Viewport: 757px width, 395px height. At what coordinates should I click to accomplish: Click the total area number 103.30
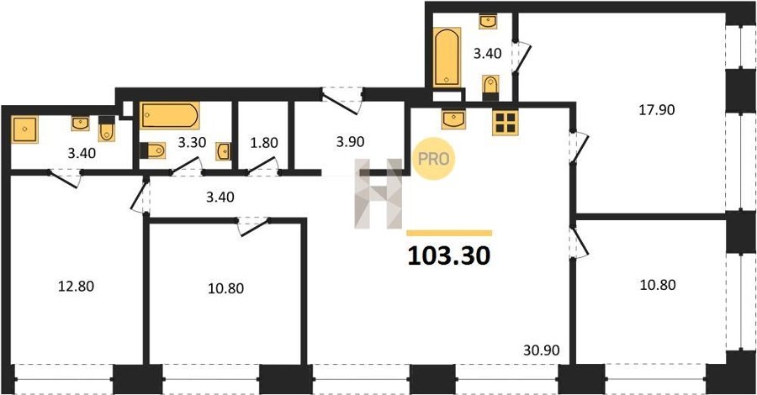click(449, 255)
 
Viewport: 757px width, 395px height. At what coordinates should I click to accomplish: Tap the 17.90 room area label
click(657, 110)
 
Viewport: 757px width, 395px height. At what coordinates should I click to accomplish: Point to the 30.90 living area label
click(541, 350)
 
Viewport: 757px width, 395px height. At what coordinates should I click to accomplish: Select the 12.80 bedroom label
click(76, 287)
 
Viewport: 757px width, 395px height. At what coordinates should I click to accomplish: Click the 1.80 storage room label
click(264, 143)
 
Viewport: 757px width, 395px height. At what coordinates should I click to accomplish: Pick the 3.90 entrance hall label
click(350, 142)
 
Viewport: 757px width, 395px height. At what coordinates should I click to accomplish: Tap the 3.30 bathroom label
click(192, 142)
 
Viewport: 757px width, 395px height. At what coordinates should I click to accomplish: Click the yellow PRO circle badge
click(433, 159)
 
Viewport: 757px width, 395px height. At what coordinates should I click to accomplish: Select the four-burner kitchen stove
click(505, 123)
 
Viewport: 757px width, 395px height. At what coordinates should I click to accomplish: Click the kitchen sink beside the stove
click(453, 119)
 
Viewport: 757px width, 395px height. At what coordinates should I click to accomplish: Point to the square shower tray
click(24, 129)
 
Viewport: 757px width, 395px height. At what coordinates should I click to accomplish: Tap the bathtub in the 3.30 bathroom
click(169, 116)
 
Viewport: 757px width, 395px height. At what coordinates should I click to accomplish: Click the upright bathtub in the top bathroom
click(447, 57)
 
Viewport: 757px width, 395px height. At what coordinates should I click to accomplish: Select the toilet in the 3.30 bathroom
click(153, 150)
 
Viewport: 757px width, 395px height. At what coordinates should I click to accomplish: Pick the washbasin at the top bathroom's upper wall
click(488, 22)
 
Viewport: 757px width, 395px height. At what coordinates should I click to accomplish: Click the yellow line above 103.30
click(449, 233)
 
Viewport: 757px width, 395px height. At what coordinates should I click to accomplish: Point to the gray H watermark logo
click(378, 193)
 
